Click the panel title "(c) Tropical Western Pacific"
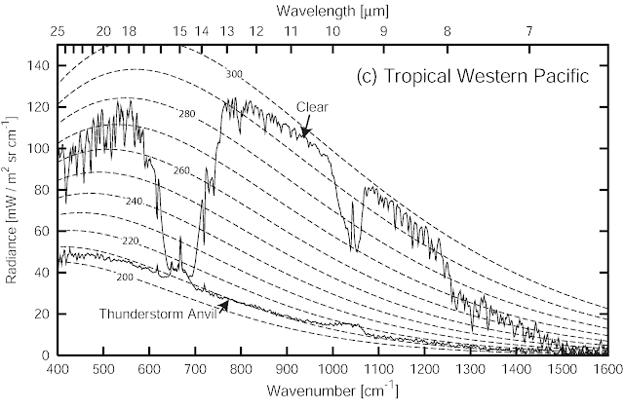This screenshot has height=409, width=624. tap(472, 76)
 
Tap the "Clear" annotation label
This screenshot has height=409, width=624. tap(312, 107)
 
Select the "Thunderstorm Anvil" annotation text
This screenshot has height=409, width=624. tap(158, 314)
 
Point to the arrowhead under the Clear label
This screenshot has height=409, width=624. tap(305, 132)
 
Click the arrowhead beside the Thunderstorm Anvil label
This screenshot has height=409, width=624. tap(225, 305)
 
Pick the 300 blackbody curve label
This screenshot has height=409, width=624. tap(234, 74)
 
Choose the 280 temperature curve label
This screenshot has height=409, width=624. tap(187, 114)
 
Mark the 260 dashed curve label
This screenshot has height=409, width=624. tap(181, 171)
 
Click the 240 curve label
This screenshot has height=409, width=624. tap(135, 202)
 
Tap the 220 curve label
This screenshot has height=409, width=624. tap(130, 241)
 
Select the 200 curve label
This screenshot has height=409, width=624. tap(125, 278)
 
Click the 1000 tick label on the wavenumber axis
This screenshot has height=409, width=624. tap(332, 370)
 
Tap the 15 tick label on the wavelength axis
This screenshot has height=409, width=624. tap(179, 30)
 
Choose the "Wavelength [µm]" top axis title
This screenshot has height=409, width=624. tap(332, 11)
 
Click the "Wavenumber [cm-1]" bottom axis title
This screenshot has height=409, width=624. tap(332, 390)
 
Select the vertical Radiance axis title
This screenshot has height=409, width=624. tap(12, 200)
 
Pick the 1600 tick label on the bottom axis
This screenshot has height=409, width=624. tap(607, 370)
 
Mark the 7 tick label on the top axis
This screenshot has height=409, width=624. tap(528, 30)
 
